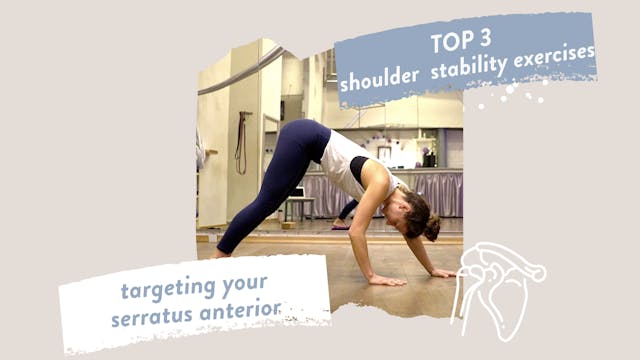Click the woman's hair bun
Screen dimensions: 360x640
pyautogui.click(x=431, y=229)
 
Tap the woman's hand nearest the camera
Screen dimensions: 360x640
pyautogui.click(x=384, y=280)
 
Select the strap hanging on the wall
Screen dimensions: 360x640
pyautogui.click(x=240, y=145)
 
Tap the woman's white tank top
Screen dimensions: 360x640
pyautogui.click(x=345, y=160)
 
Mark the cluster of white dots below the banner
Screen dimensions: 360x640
pyautogui.click(x=510, y=94)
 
